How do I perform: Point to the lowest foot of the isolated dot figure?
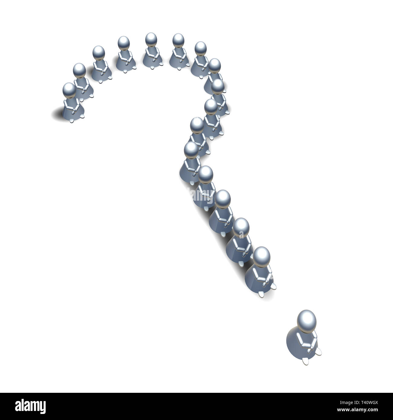[x=305, y=360]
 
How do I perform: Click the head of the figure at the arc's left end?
[x=69, y=90]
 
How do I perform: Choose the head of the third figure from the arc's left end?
[x=99, y=53]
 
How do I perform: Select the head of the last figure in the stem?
[x=261, y=255]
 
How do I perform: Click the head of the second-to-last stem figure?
[x=241, y=226]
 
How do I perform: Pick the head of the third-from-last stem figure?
[x=223, y=198]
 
